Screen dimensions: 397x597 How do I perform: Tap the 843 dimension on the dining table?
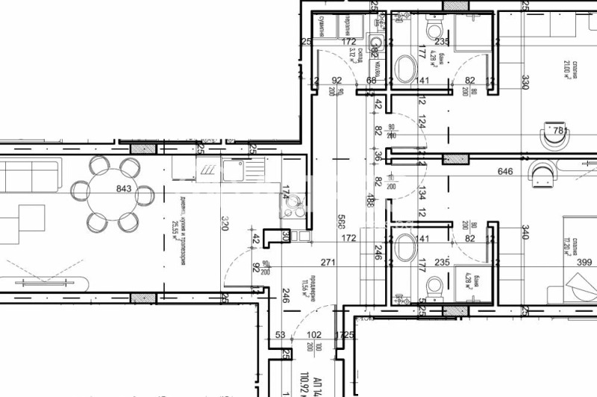[124, 189]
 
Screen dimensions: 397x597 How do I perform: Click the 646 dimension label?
[507, 172]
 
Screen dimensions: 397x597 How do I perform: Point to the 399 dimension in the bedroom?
[584, 262]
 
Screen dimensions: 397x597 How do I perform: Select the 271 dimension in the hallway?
[329, 262]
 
